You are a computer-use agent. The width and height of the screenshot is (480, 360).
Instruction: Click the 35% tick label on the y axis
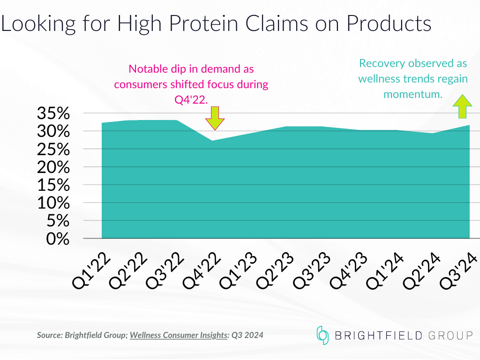[53, 114]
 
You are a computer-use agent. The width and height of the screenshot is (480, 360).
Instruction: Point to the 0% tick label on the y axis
[58, 239]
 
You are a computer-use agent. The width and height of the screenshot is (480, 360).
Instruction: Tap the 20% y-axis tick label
[53, 167]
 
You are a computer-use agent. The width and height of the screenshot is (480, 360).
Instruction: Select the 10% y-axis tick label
[53, 203]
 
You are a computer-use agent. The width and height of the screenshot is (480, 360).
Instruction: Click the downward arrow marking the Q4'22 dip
[215, 118]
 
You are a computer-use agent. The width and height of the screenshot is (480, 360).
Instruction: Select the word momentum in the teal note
[412, 94]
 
